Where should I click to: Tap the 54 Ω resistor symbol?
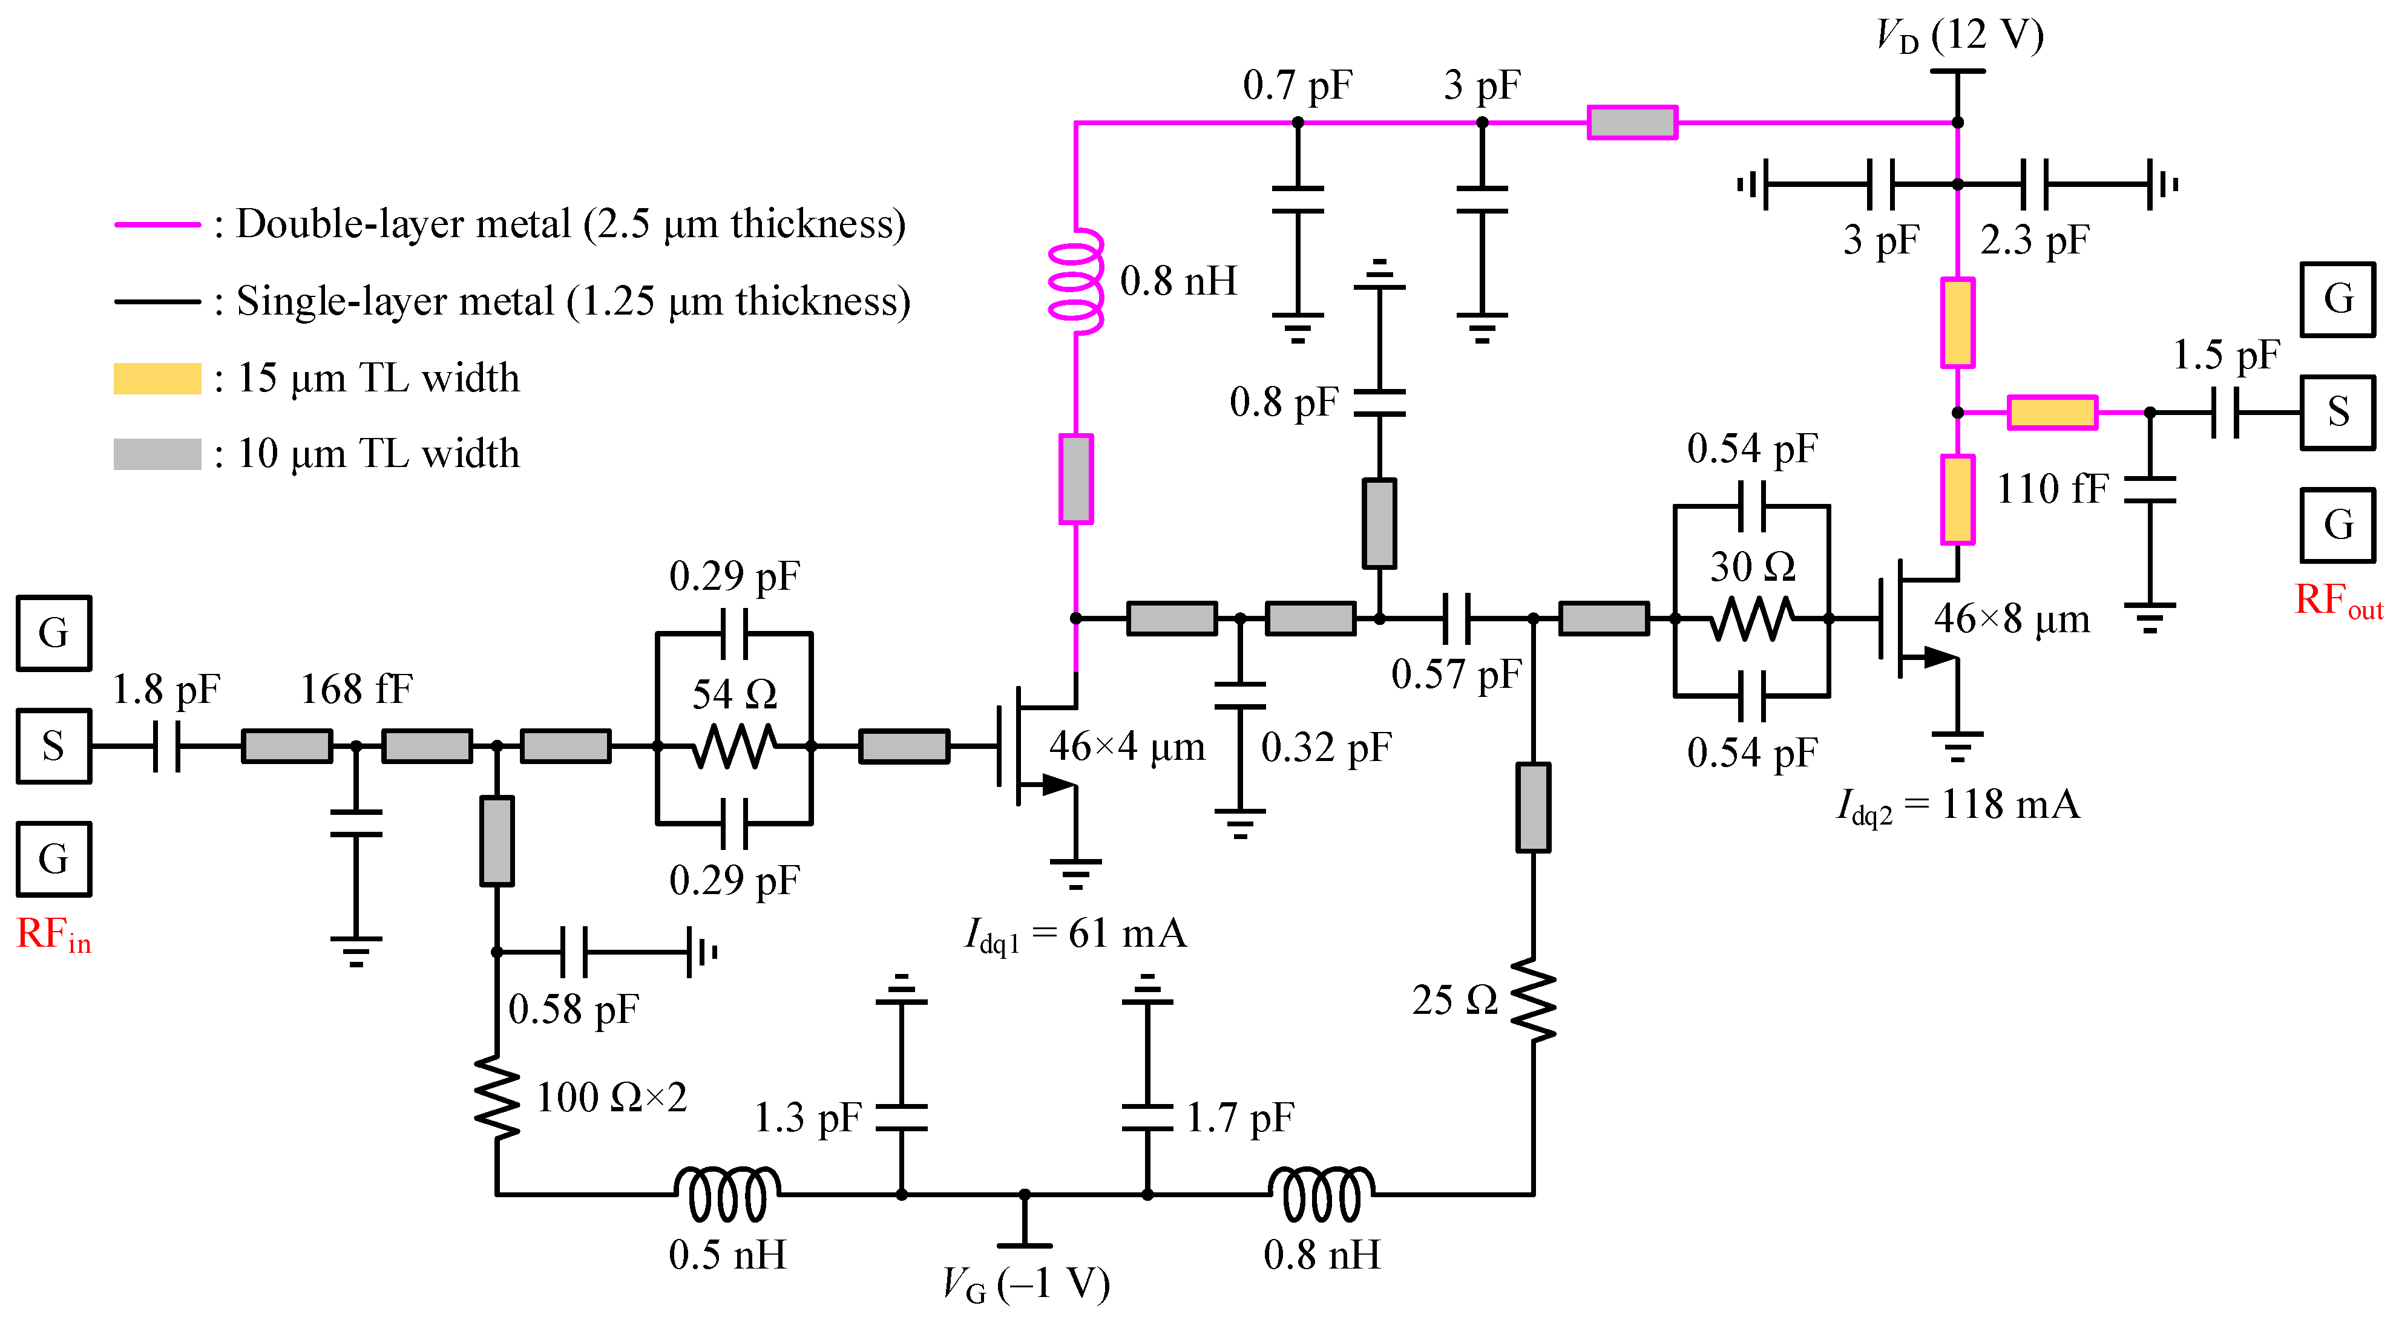pos(734,746)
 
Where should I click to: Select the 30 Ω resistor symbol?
pos(1752,618)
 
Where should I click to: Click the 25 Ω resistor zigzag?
pos(1533,1001)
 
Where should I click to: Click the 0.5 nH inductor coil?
pos(727,1194)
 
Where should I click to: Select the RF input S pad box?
pos(53,747)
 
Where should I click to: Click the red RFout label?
pos(2337,601)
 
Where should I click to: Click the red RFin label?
pos(53,935)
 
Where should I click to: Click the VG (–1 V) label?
pos(1025,1285)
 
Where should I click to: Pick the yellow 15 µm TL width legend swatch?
pos(157,379)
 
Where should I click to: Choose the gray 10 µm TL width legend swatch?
pos(157,454)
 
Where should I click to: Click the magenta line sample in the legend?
pos(157,224)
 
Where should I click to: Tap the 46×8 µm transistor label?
pos(2012,619)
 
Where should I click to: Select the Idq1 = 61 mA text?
pos(1075,933)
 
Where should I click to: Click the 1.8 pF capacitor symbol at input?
pos(166,747)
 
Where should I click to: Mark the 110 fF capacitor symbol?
pos(2150,489)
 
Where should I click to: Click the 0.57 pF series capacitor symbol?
pos(1455,618)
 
